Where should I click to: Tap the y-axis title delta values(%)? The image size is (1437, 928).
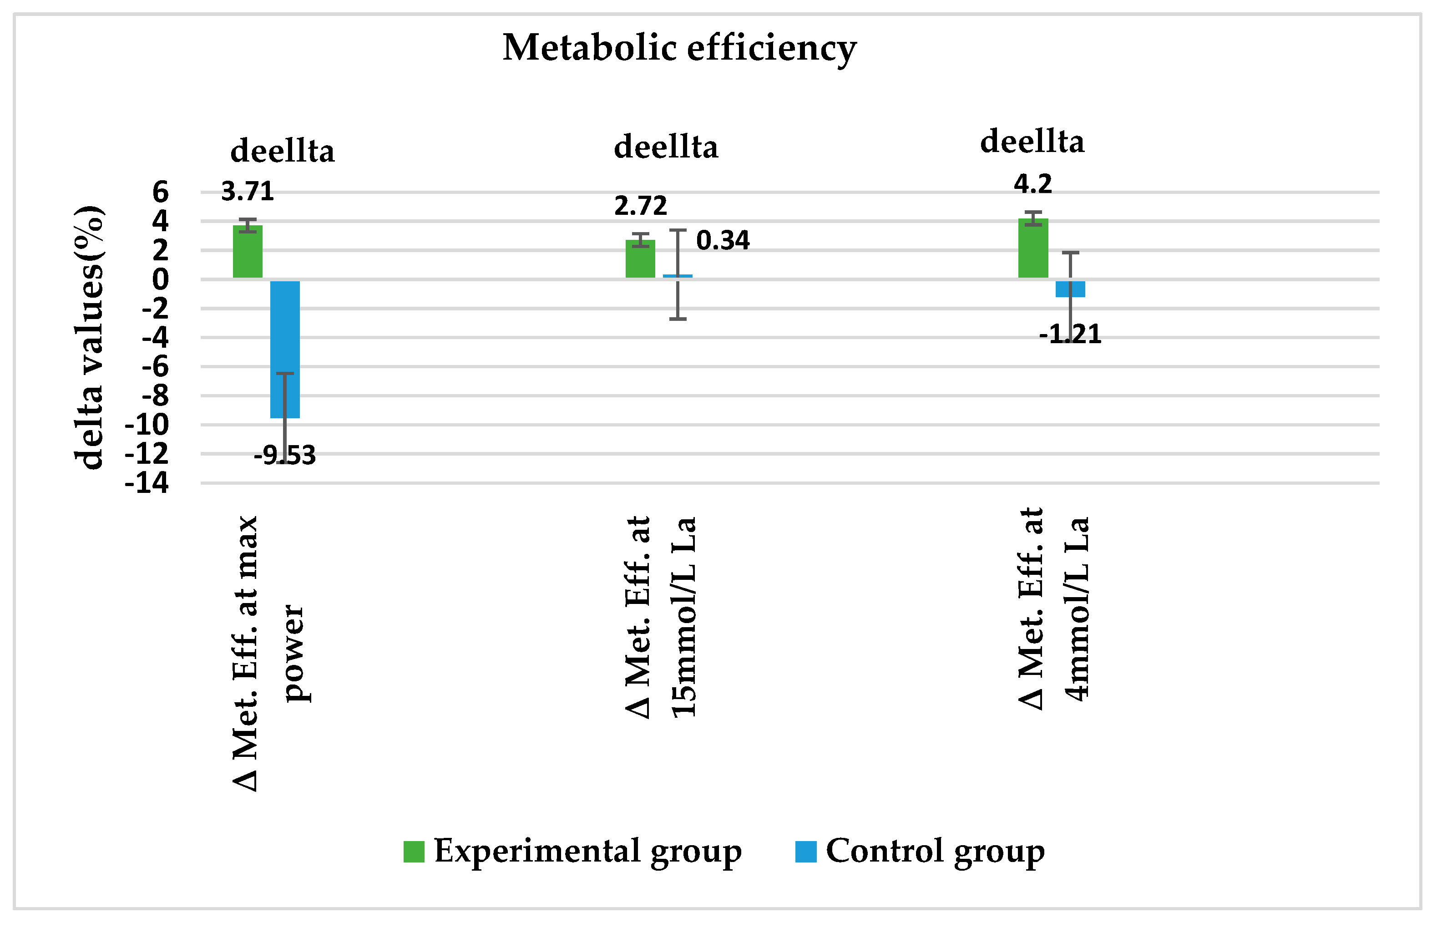pyautogui.click(x=89, y=337)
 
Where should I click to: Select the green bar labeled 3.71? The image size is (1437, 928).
pyautogui.click(x=248, y=252)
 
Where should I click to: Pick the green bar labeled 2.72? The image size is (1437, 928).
pyautogui.click(x=640, y=259)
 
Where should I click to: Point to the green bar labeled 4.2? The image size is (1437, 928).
pyautogui.click(x=1033, y=248)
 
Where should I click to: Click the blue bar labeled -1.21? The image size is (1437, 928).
pyautogui.click(x=1070, y=289)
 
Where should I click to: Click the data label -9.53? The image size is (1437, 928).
pyautogui.click(x=284, y=456)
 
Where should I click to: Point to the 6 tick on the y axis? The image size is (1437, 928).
pyautogui.click(x=160, y=193)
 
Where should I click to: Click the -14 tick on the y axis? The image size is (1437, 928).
pyautogui.click(x=147, y=483)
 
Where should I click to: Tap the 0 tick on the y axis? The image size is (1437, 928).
pyautogui.click(x=160, y=279)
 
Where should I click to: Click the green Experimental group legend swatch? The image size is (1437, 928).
pyautogui.click(x=414, y=852)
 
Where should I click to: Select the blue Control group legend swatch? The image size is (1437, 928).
pyautogui.click(x=805, y=852)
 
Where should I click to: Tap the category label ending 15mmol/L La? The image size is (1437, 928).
pyautogui.click(x=661, y=618)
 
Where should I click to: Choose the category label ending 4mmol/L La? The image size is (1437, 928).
pyautogui.click(x=1054, y=609)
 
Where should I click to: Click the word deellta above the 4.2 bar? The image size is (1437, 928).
pyautogui.click(x=1032, y=142)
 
